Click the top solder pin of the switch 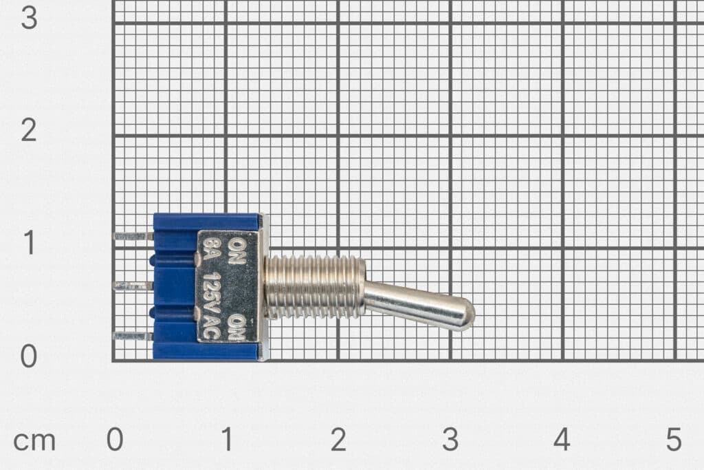coord(133,236)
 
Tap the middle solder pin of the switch coord(133,286)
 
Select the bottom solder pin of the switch coord(133,336)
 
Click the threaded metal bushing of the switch coord(314,287)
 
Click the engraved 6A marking coord(210,251)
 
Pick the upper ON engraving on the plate coord(236,252)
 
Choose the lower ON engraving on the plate coord(236,327)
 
